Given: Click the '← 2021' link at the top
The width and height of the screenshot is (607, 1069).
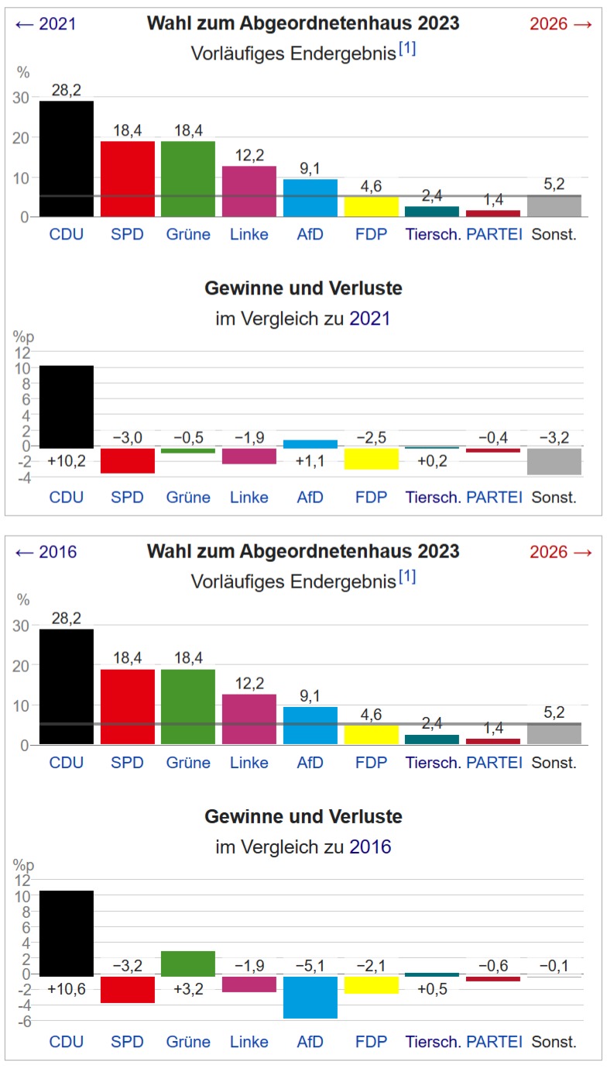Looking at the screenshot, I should point(46,24).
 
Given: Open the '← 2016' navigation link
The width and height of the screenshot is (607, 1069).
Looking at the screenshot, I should point(46,552).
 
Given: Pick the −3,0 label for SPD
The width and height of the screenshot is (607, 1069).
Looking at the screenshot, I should point(128,439).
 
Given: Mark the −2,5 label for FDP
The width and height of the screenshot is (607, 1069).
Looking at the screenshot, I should point(371,439).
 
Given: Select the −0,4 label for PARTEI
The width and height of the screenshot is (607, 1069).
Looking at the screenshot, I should point(493,439).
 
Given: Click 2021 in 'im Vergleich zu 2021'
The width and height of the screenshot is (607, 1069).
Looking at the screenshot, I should point(370,318).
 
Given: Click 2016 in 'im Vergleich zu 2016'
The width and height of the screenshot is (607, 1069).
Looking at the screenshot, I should point(370,847).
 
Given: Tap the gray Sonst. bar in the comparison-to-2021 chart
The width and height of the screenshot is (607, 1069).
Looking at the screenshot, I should point(554,461).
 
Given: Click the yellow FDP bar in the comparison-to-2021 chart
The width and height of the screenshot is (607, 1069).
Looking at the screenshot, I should point(371,459).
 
